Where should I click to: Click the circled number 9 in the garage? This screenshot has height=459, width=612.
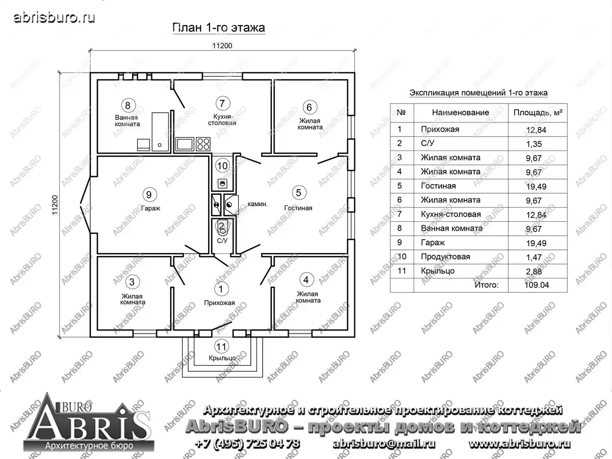149,194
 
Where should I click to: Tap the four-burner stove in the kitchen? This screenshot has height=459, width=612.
203,144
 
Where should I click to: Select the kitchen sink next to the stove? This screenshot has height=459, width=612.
185,144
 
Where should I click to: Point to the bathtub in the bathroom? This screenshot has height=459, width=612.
160,132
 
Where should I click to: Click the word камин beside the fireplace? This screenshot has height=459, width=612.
257,204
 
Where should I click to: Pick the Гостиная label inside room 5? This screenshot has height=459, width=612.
298,208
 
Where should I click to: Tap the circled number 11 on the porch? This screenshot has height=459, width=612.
222,347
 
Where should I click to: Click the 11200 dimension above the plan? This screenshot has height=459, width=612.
222,46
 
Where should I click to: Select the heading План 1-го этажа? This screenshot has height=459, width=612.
218,28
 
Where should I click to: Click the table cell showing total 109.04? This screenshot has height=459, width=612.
537,285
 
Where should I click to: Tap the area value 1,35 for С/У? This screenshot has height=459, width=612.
534,144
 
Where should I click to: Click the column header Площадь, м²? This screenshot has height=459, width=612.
538,113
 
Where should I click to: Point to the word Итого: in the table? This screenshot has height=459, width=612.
487,285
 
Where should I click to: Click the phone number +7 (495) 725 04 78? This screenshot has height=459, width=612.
247,443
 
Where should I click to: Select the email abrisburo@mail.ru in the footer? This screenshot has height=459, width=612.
384,444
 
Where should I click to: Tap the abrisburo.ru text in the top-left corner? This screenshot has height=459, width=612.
55,18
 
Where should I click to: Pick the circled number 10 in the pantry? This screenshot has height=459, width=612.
222,166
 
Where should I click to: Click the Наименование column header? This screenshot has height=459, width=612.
461,113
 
